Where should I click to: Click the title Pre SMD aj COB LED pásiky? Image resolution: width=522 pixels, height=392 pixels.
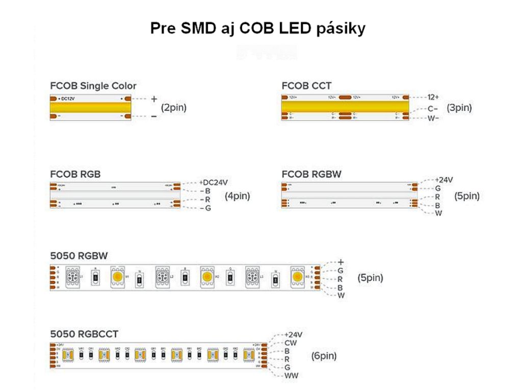pyautogui.click(x=257, y=29)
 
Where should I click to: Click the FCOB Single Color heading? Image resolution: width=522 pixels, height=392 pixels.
pyautogui.click(x=93, y=86)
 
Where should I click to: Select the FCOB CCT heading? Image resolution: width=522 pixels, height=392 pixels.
pyautogui.click(x=306, y=86)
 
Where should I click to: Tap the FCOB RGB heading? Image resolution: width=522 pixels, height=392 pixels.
pyautogui.click(x=75, y=174)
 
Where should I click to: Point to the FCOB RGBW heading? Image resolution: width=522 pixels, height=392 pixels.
pyautogui.click(x=311, y=174)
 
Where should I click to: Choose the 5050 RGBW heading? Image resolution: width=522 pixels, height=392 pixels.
pyautogui.click(x=79, y=256)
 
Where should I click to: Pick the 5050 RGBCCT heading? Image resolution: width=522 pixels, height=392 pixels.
pyautogui.click(x=84, y=334)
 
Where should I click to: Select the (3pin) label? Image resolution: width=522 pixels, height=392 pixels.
pyautogui.click(x=459, y=108)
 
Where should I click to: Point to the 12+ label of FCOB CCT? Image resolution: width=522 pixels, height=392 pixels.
pyautogui.click(x=434, y=97)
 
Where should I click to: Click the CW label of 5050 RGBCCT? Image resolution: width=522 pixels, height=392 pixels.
pyautogui.click(x=291, y=343)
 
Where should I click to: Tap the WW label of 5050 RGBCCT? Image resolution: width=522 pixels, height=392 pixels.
pyautogui.click(x=292, y=376)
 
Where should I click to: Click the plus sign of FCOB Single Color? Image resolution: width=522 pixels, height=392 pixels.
pyautogui.click(x=154, y=99)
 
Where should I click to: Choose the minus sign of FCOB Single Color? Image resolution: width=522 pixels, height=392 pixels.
pyautogui.click(x=154, y=117)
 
